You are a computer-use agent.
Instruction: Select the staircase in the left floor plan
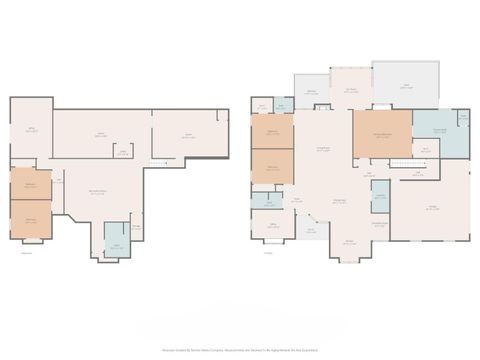156,162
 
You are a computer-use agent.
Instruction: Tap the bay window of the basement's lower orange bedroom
32,241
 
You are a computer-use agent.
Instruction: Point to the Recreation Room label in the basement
98,192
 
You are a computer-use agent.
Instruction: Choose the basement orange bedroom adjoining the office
30,184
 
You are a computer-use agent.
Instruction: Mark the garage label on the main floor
432,208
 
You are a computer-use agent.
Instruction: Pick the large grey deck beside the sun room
405,85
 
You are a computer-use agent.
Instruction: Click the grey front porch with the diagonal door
311,231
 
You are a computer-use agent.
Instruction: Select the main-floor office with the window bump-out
271,228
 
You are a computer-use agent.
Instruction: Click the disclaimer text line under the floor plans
240,350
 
